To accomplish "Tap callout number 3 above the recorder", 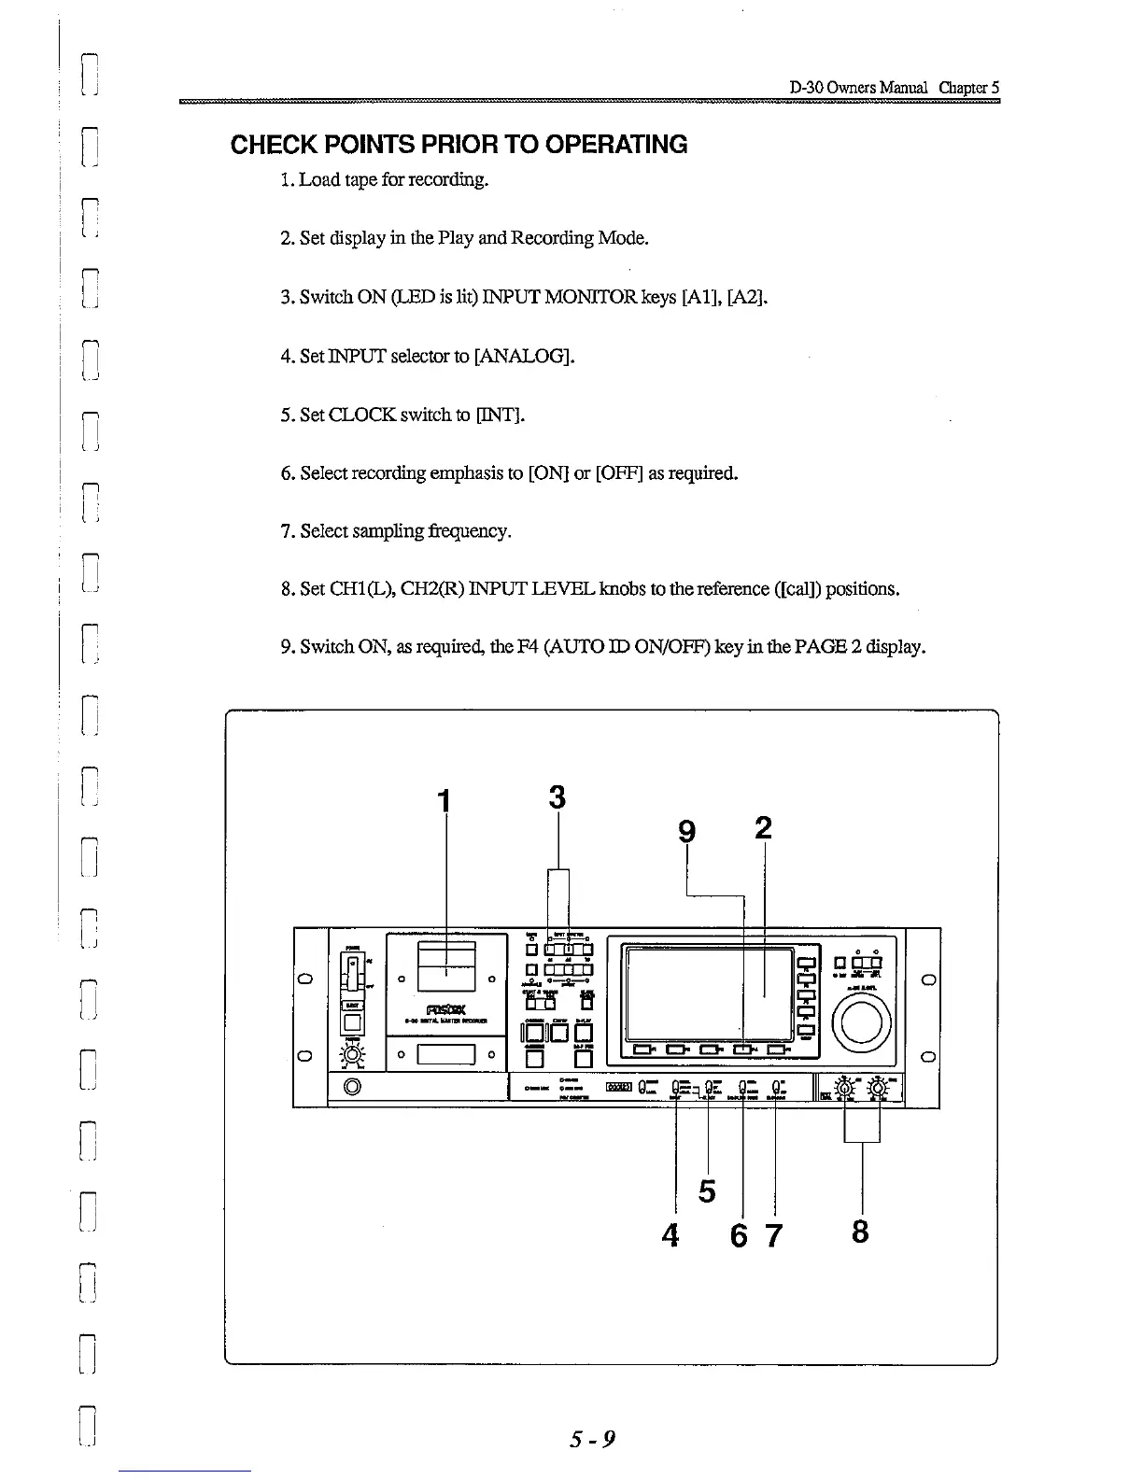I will pos(557,797).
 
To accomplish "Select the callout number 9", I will pos(687,830).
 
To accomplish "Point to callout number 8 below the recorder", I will pos(860,1232).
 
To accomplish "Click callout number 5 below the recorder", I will pos(707,1191).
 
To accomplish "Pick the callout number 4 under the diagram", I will pos(670,1235).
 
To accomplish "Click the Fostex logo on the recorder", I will pos(445,1008).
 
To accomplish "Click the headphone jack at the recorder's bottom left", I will pos(353,1086).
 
